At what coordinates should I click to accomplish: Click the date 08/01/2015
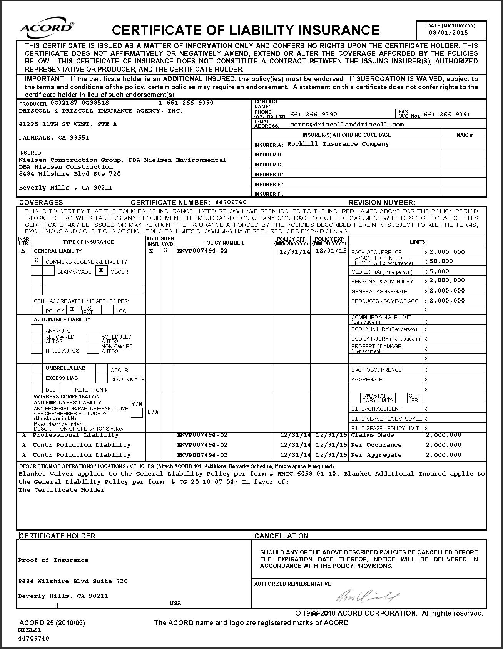click(x=448, y=33)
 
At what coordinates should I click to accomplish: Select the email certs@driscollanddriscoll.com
click(x=347, y=125)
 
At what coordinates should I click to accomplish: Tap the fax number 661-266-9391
click(x=447, y=115)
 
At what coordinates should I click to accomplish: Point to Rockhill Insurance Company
click(x=338, y=144)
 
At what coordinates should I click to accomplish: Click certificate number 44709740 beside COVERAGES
click(x=231, y=202)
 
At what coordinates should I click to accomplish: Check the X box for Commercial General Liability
click(x=37, y=260)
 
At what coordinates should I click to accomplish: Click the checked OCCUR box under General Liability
click(x=101, y=271)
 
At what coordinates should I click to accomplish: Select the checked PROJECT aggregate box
click(x=72, y=309)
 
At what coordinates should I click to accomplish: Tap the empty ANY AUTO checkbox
click(x=37, y=329)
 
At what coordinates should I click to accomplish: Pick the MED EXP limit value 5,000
click(x=439, y=271)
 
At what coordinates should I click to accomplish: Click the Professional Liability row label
click(x=76, y=435)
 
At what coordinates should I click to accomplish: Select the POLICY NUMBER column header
click(x=223, y=243)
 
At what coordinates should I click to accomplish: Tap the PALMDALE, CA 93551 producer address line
click(x=54, y=138)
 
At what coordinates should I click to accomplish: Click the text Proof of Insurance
click(x=53, y=560)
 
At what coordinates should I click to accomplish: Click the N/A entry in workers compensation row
click(x=153, y=412)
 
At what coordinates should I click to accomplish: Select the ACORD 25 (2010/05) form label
click(x=52, y=623)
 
